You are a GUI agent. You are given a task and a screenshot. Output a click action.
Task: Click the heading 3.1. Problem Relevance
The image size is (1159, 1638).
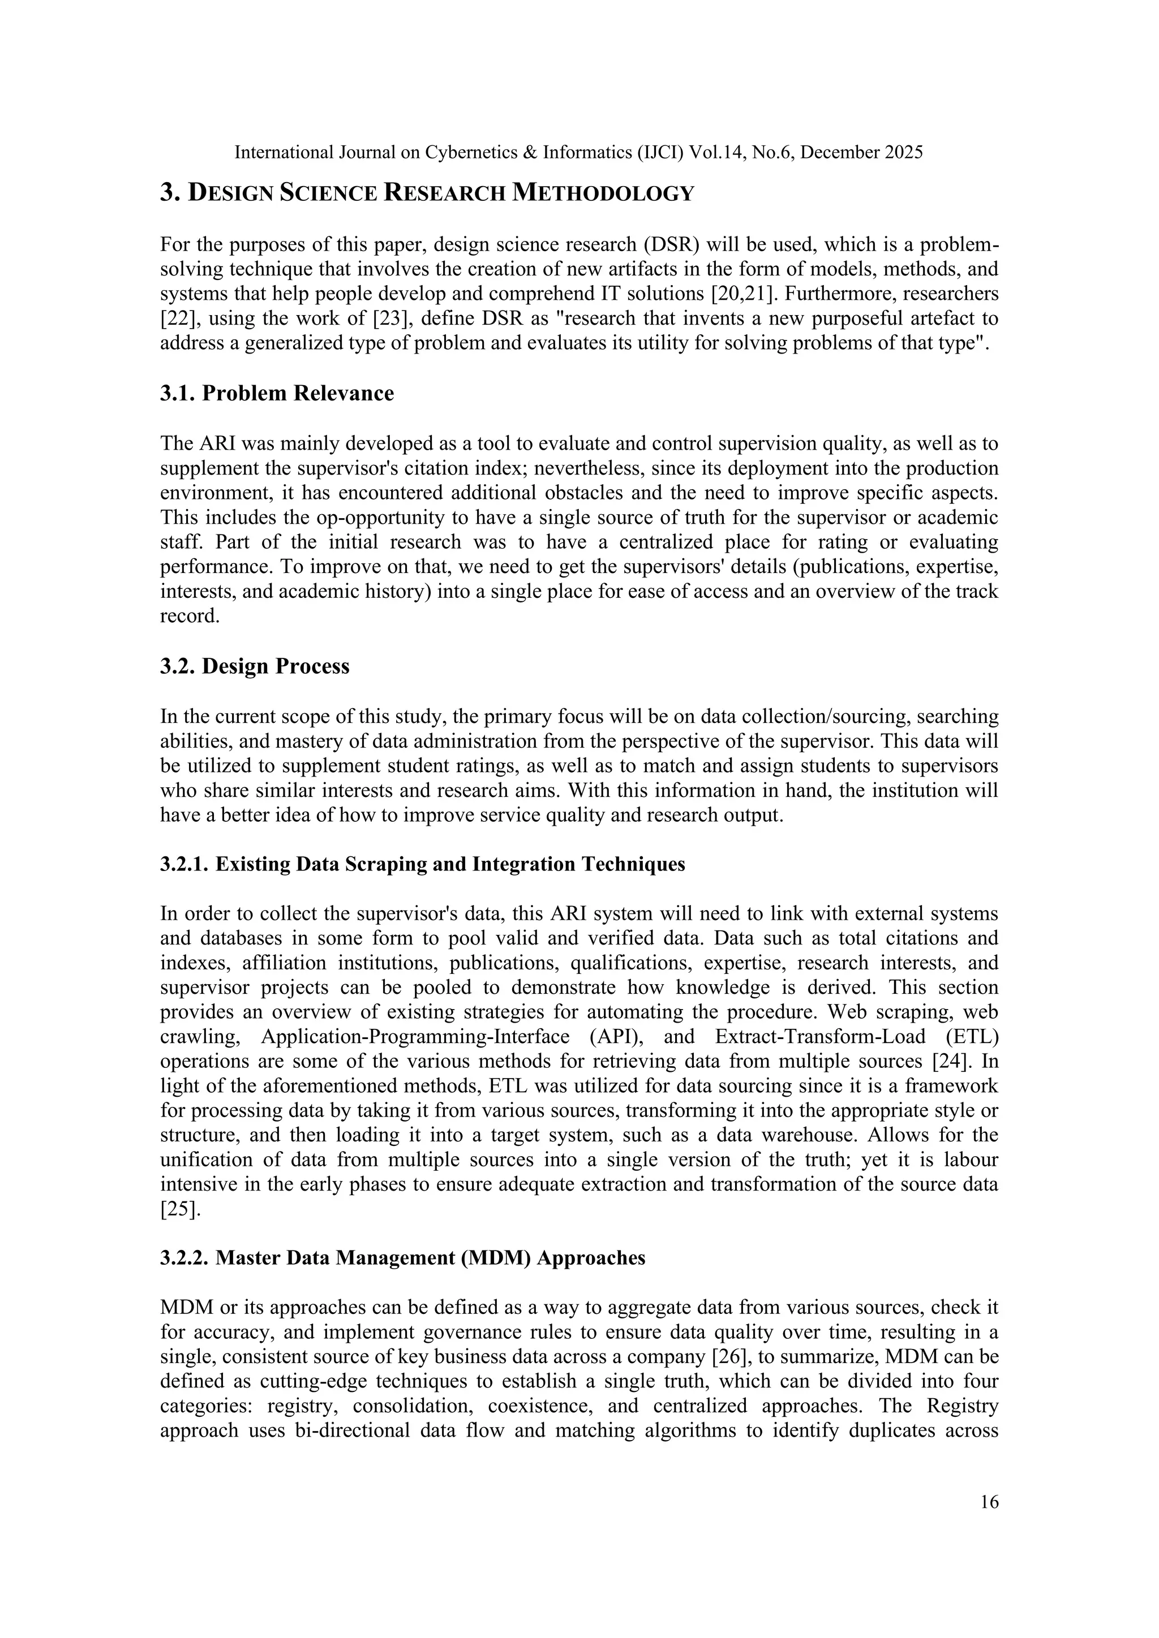(x=277, y=394)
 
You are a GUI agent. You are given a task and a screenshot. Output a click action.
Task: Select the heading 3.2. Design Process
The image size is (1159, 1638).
(x=255, y=666)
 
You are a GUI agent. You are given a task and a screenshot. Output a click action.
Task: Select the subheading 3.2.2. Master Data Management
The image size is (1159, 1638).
(x=402, y=1258)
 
